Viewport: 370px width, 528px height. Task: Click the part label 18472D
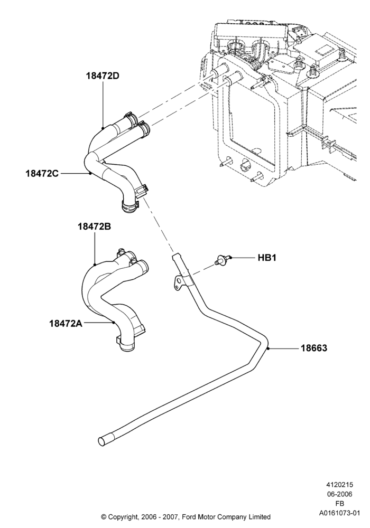(x=103, y=76)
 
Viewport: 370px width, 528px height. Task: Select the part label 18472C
(x=42, y=173)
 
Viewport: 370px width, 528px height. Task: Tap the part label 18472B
(x=94, y=227)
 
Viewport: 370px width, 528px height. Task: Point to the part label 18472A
(x=66, y=323)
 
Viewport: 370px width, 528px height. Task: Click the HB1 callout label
(x=267, y=258)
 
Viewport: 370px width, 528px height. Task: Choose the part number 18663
(x=314, y=348)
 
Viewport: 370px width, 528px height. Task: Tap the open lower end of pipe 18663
(x=102, y=441)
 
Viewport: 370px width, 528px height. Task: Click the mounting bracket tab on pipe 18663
(x=177, y=282)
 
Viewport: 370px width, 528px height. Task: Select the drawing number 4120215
(x=339, y=485)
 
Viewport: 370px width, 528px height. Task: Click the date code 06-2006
(x=339, y=494)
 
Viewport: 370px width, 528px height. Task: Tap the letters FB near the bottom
(x=339, y=503)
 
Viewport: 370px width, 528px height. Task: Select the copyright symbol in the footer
(x=104, y=516)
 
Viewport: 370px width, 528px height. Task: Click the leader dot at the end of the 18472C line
(x=90, y=173)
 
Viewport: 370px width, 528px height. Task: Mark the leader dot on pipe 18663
(x=268, y=348)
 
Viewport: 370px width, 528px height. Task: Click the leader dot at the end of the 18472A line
(x=114, y=323)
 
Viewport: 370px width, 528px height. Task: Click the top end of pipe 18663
(x=174, y=256)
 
